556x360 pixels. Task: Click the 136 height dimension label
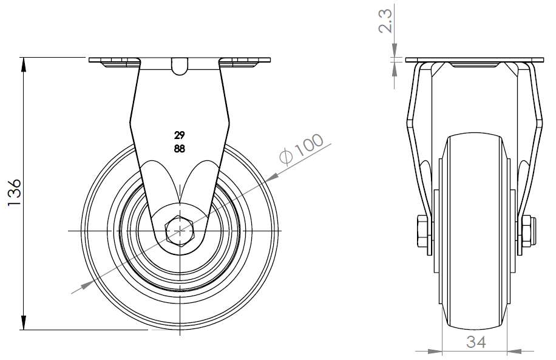pyautogui.click(x=14, y=192)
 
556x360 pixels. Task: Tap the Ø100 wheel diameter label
pyautogui.click(x=302, y=149)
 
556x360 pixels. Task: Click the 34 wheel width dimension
pyautogui.click(x=476, y=342)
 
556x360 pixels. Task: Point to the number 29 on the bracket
pyautogui.click(x=180, y=135)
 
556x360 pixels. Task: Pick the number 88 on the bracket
pyautogui.click(x=180, y=149)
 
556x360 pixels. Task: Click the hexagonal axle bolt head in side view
pyautogui.click(x=180, y=231)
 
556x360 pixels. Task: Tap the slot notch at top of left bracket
pyautogui.click(x=180, y=66)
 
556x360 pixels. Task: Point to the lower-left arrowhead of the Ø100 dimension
pyautogui.click(x=88, y=284)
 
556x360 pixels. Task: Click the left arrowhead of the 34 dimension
pyautogui.click(x=435, y=352)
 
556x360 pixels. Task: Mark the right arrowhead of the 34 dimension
pyautogui.click(x=514, y=352)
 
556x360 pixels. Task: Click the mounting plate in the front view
pyautogui.click(x=180, y=59)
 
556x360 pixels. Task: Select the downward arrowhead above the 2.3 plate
pyautogui.click(x=395, y=50)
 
